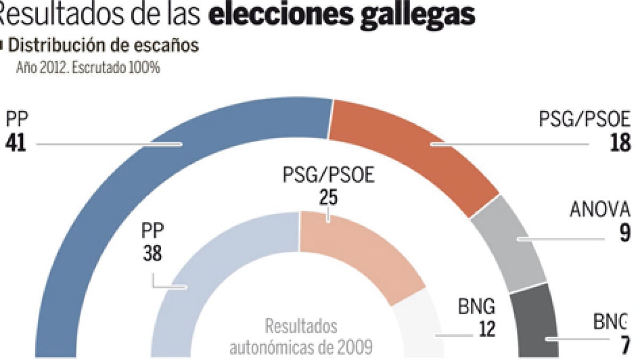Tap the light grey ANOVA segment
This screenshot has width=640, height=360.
[x=509, y=243]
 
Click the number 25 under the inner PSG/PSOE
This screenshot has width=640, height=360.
[x=328, y=197]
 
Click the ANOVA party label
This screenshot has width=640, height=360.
[x=603, y=210]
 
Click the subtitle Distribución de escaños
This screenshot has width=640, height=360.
[x=104, y=46]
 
